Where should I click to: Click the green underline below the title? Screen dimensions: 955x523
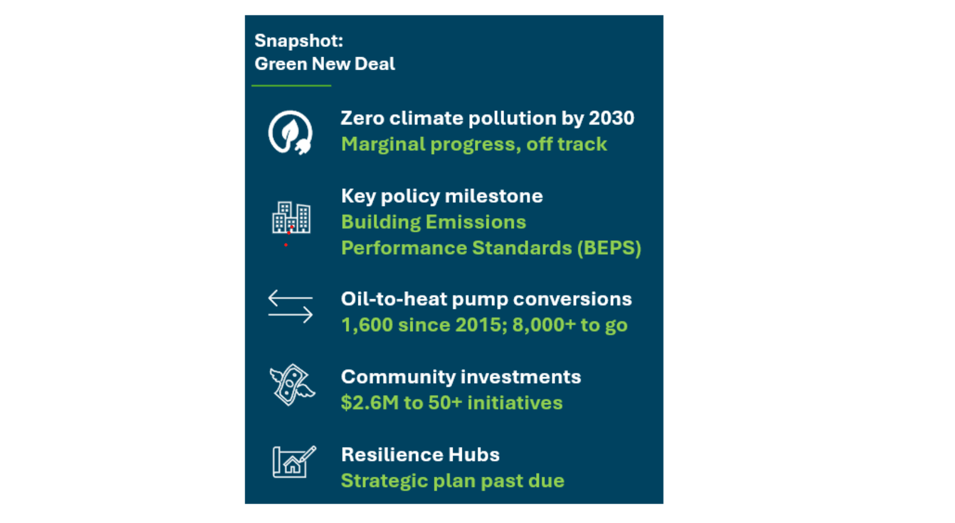291,86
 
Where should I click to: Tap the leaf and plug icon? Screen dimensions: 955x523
290,132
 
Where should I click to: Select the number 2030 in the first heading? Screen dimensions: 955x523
612,118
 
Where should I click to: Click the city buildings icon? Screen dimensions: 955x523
291,218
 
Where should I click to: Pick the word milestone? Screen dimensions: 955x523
494,196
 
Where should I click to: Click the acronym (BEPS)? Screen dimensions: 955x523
609,248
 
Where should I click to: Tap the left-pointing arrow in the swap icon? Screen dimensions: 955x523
290,297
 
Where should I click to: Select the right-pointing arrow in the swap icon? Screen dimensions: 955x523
290,315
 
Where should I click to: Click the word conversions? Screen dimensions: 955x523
572,299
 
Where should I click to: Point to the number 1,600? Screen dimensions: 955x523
367,325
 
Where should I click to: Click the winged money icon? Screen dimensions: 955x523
292,385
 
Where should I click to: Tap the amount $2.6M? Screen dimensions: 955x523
370,403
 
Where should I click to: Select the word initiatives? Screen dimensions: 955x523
515,403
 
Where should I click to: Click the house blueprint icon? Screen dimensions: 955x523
294,462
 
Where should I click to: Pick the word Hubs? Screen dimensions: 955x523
474,455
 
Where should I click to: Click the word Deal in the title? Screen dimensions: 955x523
375,64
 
